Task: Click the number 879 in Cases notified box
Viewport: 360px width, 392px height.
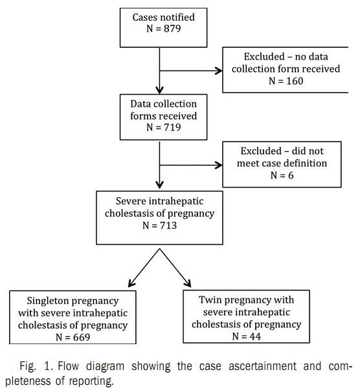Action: (x=172, y=28)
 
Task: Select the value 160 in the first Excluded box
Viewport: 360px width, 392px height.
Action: (x=295, y=81)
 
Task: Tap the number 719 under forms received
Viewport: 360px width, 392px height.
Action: (x=172, y=127)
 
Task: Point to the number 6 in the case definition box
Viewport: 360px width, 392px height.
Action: (x=291, y=175)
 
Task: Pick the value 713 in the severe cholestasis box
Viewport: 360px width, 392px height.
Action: (x=168, y=226)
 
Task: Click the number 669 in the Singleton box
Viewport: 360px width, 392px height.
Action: (x=82, y=337)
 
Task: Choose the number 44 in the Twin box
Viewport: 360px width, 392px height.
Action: (x=255, y=336)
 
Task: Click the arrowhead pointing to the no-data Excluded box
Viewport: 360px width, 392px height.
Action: (x=219, y=71)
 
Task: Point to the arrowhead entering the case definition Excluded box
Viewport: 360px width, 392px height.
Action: (x=219, y=165)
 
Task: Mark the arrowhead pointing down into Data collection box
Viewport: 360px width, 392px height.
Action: (x=160, y=90)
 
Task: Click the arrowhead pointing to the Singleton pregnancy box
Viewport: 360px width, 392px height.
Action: (x=131, y=283)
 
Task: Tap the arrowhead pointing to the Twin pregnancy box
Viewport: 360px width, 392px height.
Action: (x=188, y=283)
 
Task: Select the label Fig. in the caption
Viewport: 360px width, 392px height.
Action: (x=28, y=366)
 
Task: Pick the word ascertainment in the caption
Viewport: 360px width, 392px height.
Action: (x=262, y=366)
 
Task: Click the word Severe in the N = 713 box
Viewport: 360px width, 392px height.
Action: (x=129, y=201)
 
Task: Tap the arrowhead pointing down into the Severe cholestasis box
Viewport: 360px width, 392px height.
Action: (x=160, y=184)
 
